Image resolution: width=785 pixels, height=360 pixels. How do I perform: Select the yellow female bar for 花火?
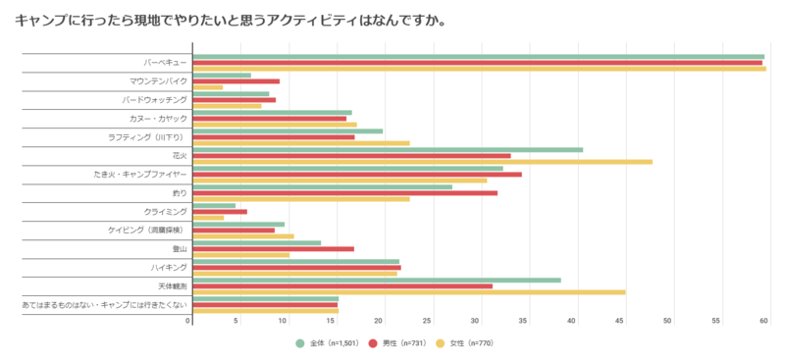[x=422, y=162]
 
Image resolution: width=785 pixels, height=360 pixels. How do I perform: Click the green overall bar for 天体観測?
[x=377, y=280]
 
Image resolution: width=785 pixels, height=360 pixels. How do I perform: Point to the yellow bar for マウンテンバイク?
[x=208, y=87]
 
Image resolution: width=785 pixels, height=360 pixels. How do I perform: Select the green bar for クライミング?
[x=214, y=205]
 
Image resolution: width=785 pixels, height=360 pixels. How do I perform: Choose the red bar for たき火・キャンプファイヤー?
[x=357, y=175]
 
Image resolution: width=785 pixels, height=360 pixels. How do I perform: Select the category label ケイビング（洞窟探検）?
[x=145, y=230]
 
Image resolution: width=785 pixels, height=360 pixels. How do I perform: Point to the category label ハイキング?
[x=170, y=267]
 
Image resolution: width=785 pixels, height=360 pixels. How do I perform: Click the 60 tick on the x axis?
[x=763, y=321]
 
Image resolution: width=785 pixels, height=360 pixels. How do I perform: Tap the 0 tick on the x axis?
[x=188, y=321]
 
